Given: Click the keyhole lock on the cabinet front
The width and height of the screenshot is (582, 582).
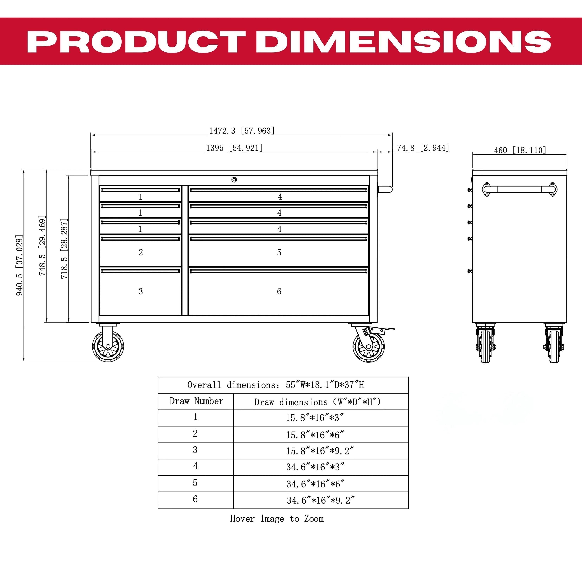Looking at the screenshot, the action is click(234, 180).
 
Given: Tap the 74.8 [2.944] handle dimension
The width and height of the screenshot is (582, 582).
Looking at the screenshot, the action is click(423, 148).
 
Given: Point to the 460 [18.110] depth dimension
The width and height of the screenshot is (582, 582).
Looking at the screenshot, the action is click(520, 150).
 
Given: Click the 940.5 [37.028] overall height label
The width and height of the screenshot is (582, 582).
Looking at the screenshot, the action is click(20, 265).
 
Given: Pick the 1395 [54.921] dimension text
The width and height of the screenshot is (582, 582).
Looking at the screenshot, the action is click(234, 148).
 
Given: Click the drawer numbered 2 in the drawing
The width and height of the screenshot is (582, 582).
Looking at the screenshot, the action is click(140, 251).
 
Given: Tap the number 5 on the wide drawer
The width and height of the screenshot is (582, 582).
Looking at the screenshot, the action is click(279, 252).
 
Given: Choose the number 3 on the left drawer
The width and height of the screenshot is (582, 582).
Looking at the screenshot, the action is click(141, 291).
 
